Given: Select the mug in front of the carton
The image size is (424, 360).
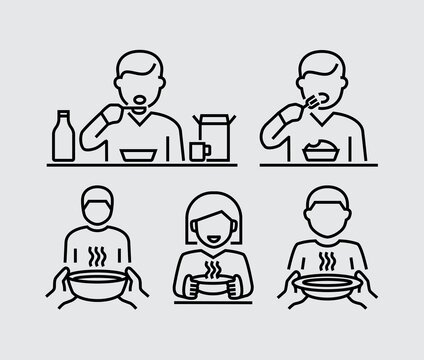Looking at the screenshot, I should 198,150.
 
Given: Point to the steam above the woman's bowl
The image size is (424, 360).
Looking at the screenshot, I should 212,272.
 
